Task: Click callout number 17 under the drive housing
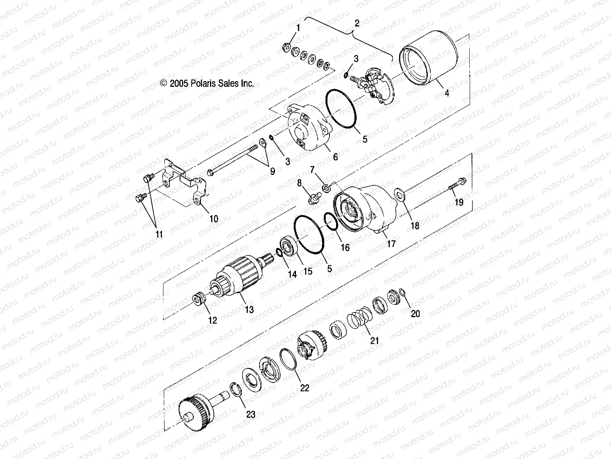pos(391,243)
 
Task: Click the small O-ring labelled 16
pos(331,222)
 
